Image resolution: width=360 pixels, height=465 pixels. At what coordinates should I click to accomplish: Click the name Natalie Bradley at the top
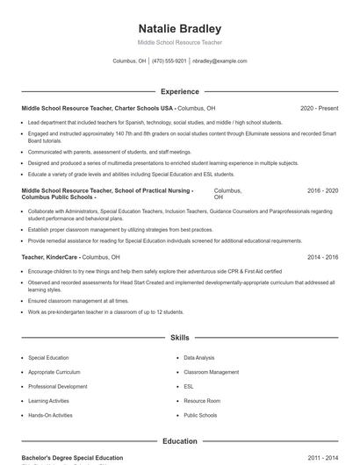point(180,28)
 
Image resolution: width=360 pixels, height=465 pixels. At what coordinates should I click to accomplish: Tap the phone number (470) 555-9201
point(169,61)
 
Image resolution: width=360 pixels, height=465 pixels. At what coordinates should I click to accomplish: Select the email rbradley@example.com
point(220,61)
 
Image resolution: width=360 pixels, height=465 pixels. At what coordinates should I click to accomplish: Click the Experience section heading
point(180,91)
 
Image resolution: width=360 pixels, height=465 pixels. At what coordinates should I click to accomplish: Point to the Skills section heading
point(180,337)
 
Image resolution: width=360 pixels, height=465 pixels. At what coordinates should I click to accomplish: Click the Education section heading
point(180,441)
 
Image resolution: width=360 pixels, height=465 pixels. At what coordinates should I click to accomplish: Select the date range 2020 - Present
point(319,108)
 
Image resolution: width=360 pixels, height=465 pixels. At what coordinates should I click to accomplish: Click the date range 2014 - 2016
point(322,257)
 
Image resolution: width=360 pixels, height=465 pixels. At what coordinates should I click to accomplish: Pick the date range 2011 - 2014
point(322,458)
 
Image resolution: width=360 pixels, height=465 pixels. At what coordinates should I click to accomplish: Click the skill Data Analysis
point(199,358)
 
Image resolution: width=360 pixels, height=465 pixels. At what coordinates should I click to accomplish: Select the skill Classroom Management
point(211,372)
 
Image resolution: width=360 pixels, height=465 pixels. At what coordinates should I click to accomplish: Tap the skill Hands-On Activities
point(51,414)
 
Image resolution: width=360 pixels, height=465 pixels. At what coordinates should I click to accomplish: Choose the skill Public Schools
point(200,414)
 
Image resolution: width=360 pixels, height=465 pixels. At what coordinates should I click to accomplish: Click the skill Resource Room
point(201,400)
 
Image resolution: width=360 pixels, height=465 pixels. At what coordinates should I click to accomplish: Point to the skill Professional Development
point(57,386)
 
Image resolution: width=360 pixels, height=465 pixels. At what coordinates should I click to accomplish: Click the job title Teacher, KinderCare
point(50,257)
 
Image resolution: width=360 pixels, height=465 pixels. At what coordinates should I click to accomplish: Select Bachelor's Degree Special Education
point(72,458)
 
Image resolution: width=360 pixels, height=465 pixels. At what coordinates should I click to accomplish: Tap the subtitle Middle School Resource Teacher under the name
point(180,42)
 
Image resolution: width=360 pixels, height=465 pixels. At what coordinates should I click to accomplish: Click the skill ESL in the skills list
point(189,386)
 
